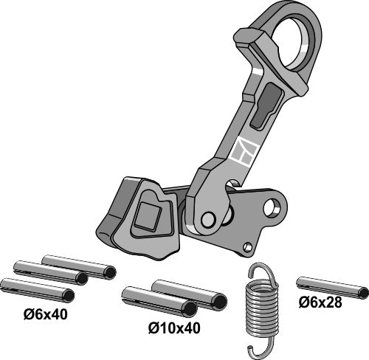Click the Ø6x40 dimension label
click(46, 314)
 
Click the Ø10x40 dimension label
click(174, 328)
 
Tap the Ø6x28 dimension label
click(320, 302)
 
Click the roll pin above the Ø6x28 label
click(333, 288)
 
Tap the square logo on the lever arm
click(244, 151)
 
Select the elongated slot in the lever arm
click(266, 105)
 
